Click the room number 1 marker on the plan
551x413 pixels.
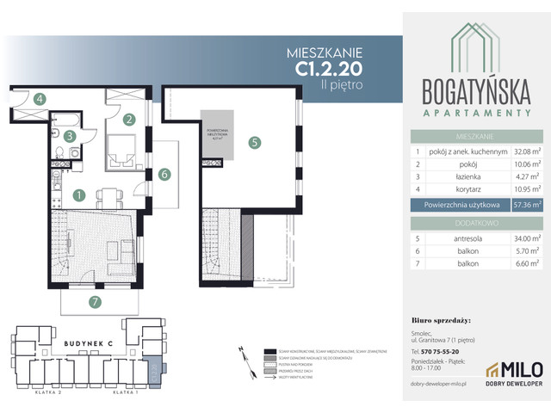pos(78,195)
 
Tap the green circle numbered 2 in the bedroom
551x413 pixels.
pos(129,120)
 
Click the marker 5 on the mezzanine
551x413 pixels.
pos(254,144)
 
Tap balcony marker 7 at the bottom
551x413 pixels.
pos(96,301)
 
